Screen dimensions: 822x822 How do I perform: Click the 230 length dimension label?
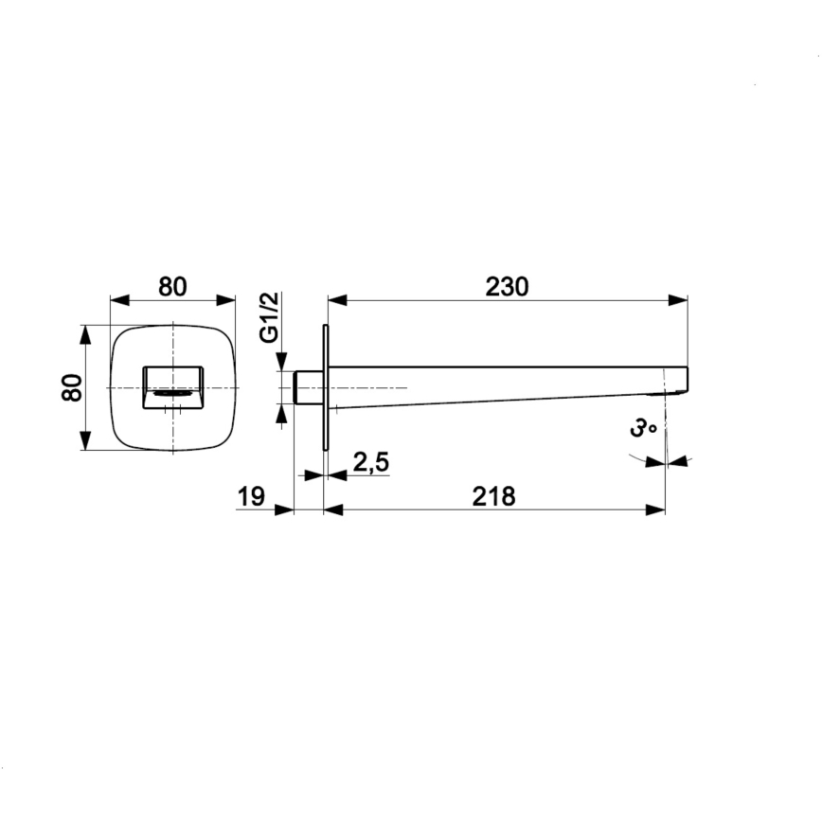[x=507, y=287]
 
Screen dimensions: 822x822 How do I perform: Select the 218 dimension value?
[x=493, y=496]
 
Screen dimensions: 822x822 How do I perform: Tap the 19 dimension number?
[x=251, y=496]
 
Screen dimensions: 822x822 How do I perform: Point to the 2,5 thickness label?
[x=371, y=462]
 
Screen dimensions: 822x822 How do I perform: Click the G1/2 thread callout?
[x=270, y=317]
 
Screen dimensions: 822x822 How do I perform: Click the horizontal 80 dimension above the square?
[x=172, y=287]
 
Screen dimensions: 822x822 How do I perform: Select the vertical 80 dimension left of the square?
[x=72, y=387]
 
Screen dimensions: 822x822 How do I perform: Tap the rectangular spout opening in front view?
[x=173, y=387]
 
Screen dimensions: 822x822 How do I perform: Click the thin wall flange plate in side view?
[x=326, y=387]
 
